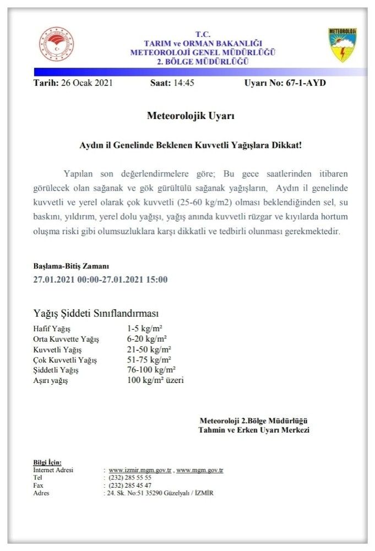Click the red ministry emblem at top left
(x=56, y=44)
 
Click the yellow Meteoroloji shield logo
(x=343, y=45)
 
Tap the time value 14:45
(x=182, y=83)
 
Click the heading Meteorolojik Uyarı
(x=191, y=116)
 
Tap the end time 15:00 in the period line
(x=156, y=279)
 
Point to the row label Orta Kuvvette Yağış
(x=66, y=339)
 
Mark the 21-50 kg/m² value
(x=149, y=349)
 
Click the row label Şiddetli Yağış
(x=56, y=370)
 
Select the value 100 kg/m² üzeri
(x=155, y=380)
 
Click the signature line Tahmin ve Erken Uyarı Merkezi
(x=254, y=430)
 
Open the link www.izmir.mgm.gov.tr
(x=140, y=471)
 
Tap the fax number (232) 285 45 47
(x=130, y=485)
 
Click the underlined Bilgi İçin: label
(x=47, y=462)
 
